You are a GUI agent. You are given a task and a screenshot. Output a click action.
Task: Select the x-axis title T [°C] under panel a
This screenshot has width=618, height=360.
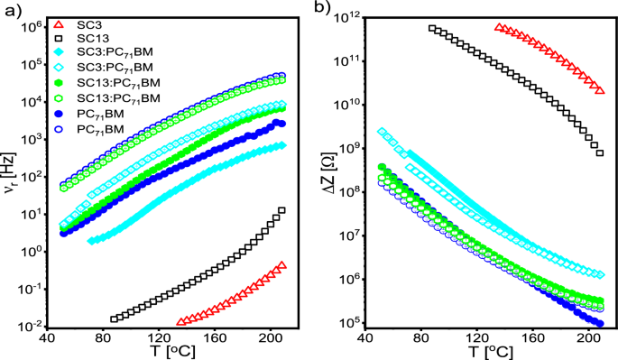(x=172, y=349)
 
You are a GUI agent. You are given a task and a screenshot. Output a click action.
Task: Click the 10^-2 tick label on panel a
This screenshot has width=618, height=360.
(x=32, y=325)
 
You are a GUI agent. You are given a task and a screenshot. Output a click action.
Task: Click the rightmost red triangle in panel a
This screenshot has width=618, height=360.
(x=282, y=265)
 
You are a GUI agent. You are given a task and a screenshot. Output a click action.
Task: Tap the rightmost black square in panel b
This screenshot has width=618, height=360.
(x=599, y=152)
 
